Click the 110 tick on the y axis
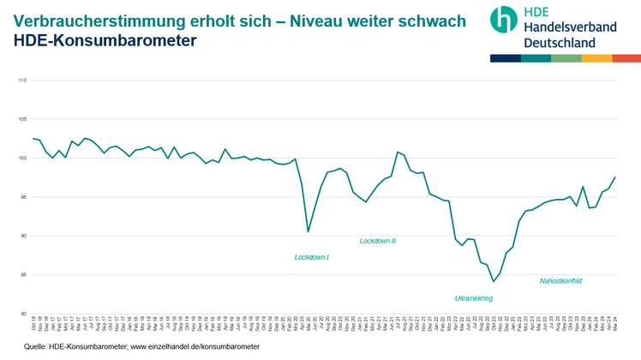click(x=22, y=81)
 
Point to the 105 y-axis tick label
click(x=22, y=119)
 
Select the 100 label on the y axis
click(x=22, y=159)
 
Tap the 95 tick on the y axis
click(x=23, y=197)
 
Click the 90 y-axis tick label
click(x=23, y=236)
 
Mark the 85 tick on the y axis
click(x=23, y=274)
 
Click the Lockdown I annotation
click(x=311, y=257)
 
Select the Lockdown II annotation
click(x=377, y=241)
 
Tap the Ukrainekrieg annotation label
click(x=473, y=298)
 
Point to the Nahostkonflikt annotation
click(x=560, y=280)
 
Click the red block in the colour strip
click(x=626, y=58)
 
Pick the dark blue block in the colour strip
click(x=505, y=58)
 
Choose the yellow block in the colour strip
click(x=596, y=58)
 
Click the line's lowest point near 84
click(x=494, y=281)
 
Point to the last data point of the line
click(x=615, y=177)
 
